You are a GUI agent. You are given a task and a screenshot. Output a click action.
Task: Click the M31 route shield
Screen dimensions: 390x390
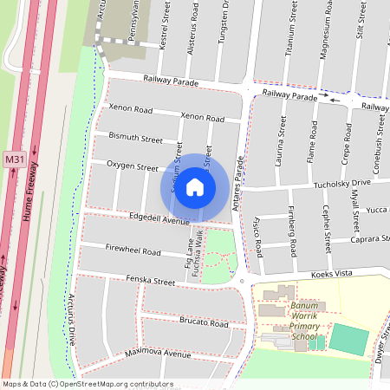(x=14, y=159)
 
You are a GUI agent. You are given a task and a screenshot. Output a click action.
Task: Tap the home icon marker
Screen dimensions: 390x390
(x=195, y=187)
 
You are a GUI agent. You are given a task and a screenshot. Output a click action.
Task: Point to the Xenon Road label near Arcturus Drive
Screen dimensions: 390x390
(x=130, y=109)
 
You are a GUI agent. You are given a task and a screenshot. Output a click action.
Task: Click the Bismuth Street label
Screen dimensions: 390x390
(x=136, y=138)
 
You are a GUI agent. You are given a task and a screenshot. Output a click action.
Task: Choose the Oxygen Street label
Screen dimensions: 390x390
(x=132, y=166)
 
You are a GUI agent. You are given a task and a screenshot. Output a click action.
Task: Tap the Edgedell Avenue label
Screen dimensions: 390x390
(x=158, y=220)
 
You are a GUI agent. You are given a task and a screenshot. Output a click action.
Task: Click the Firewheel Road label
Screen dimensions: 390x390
(x=133, y=251)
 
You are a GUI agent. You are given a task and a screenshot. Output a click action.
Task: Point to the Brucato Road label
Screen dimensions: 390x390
(x=205, y=322)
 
